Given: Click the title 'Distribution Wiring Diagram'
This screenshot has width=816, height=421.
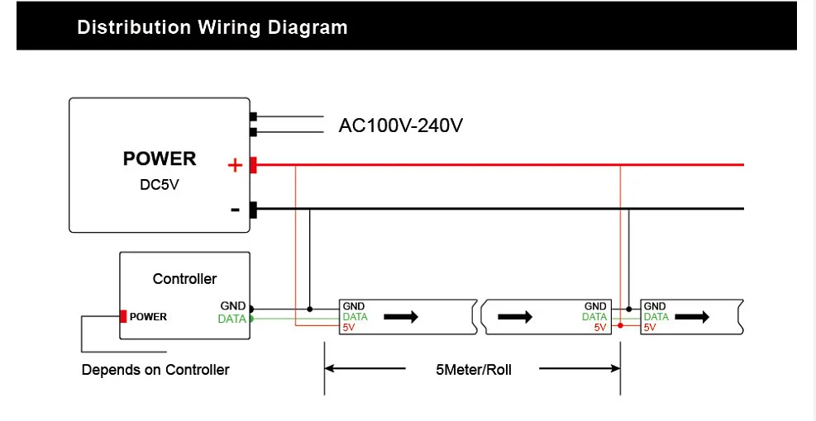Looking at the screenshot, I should coord(212,27).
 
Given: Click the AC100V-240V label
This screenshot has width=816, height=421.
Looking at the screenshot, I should coord(401,126).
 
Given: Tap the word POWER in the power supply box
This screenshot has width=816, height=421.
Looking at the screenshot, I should coord(160,158).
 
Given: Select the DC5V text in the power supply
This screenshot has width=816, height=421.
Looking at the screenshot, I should coord(160,185).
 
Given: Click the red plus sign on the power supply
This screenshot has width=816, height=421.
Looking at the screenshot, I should coord(235,166).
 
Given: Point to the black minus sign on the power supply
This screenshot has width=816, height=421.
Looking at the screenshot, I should coord(235,210).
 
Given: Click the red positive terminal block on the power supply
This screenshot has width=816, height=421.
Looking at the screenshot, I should coord(253,165).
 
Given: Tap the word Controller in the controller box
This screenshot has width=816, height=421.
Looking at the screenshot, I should coord(184,279).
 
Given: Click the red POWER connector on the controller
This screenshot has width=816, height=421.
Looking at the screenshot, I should coord(123,316).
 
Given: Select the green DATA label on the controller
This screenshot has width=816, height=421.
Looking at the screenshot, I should coord(231,319).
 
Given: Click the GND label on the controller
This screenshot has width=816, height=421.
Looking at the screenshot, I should coord(232,306).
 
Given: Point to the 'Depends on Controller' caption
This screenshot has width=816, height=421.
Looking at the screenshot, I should coord(155,370).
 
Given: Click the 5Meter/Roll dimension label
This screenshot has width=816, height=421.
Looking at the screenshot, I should coord(473,370).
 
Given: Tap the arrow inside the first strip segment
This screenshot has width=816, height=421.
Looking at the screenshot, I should coord(402,317).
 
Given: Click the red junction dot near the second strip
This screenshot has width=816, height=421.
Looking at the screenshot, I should coord(620,326).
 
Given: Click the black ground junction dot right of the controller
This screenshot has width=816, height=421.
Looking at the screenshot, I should coord(310,310).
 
